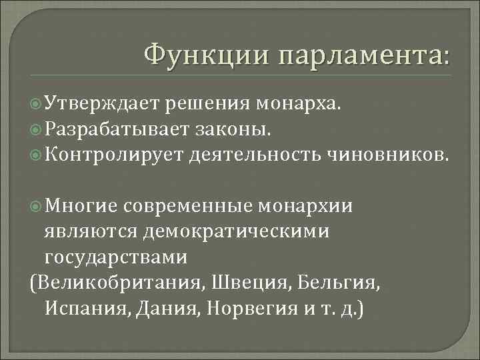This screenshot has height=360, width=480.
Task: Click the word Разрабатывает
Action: click(114, 129)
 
